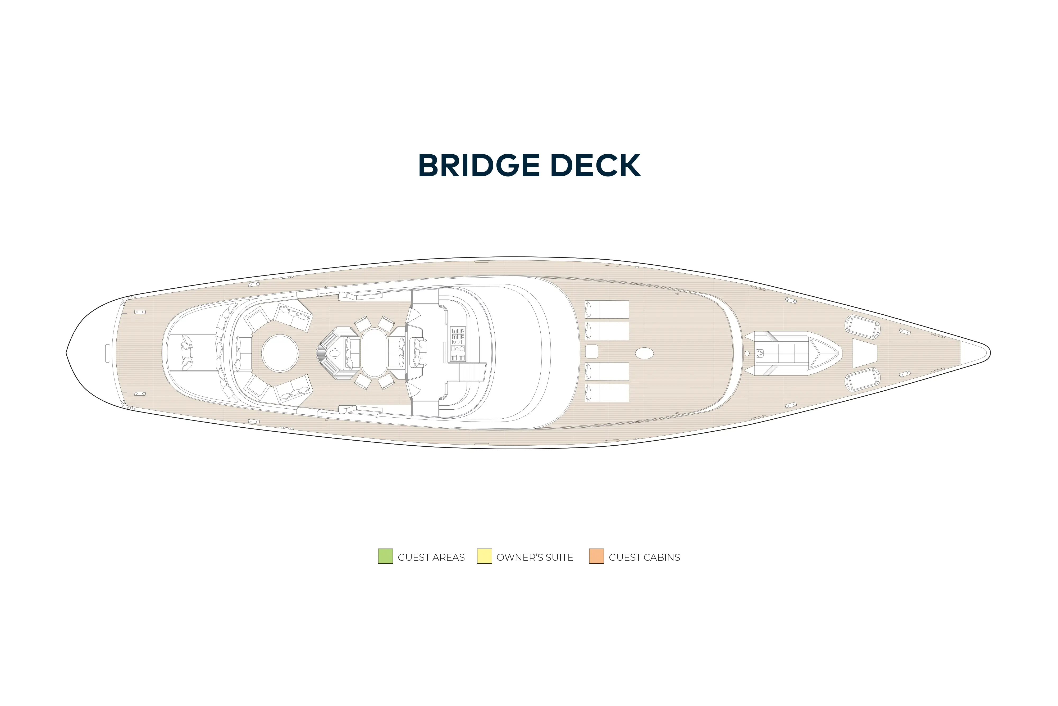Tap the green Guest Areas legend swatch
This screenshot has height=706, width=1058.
click(385, 556)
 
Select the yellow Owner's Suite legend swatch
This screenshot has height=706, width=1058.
click(484, 556)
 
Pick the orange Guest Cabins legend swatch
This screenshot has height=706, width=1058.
click(596, 556)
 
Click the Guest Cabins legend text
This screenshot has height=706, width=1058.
click(644, 557)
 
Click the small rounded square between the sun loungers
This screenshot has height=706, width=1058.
click(592, 351)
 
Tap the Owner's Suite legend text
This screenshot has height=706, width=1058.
click(535, 557)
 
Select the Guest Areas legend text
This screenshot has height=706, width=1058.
click(431, 557)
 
